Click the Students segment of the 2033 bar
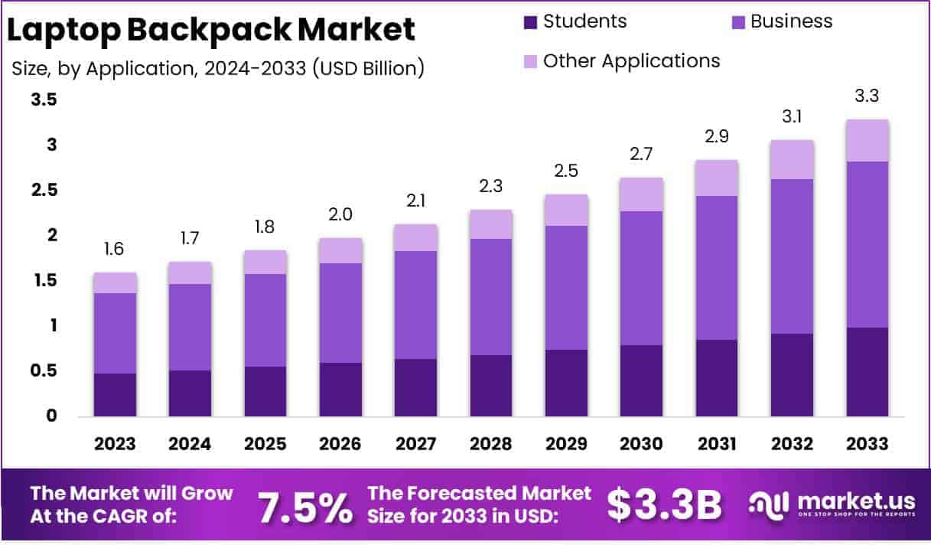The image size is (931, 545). click(x=868, y=372)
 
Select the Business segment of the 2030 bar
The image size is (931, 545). click(x=642, y=278)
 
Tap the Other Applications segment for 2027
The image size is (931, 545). click(x=415, y=237)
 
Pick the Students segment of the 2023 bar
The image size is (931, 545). click(x=115, y=395)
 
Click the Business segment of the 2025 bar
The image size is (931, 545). click(x=265, y=320)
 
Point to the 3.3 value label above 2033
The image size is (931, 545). click(x=868, y=97)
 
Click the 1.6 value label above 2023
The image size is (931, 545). click(x=115, y=250)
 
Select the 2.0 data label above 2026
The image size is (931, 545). click(x=340, y=215)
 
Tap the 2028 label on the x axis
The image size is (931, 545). click(x=491, y=444)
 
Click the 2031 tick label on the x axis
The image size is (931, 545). click(x=717, y=444)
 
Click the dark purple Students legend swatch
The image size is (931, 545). click(x=530, y=22)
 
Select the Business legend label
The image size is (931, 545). click(x=791, y=21)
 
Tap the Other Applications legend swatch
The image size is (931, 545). click(x=530, y=61)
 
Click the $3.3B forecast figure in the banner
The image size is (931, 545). click(x=664, y=504)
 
